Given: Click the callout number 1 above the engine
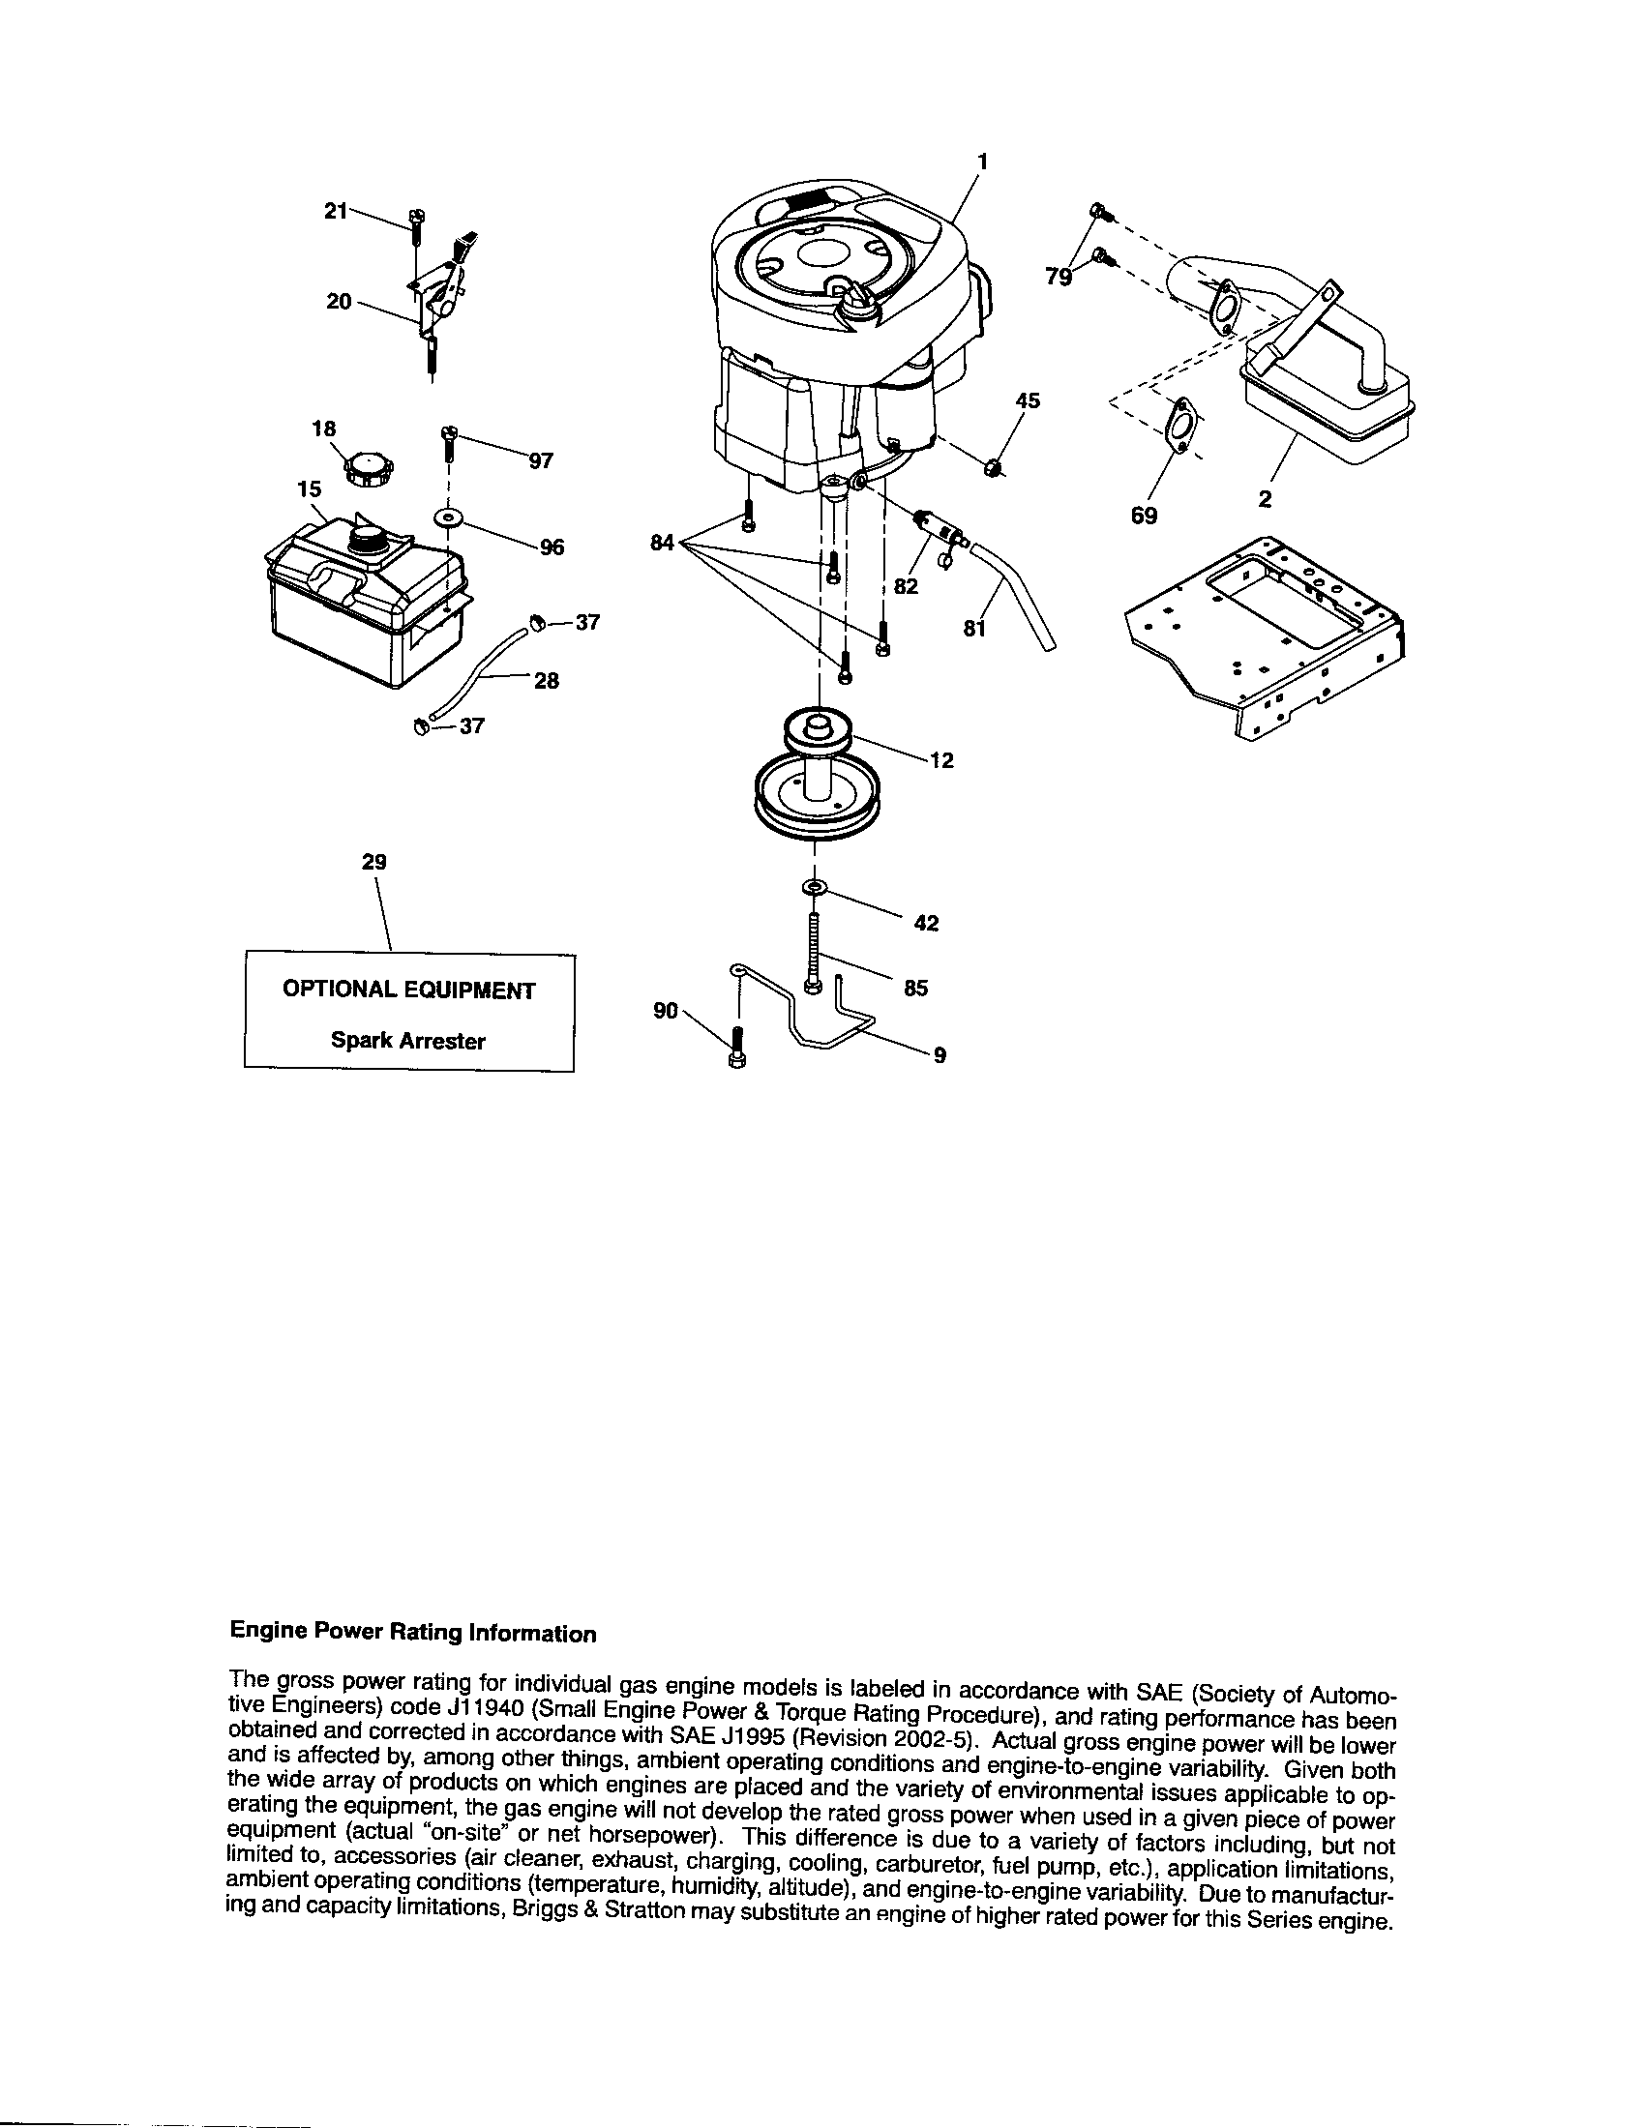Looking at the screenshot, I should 982,162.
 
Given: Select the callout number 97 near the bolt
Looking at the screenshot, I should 541,460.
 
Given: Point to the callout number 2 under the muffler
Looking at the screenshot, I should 1265,500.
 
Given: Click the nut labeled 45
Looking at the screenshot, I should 992,468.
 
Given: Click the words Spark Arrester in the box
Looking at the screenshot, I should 407,1040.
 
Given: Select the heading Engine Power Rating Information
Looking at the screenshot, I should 411,1633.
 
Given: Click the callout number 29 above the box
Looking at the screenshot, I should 373,861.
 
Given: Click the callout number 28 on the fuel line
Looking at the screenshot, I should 547,680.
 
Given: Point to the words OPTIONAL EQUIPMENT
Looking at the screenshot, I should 408,990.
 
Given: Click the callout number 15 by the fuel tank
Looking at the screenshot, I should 309,489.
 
